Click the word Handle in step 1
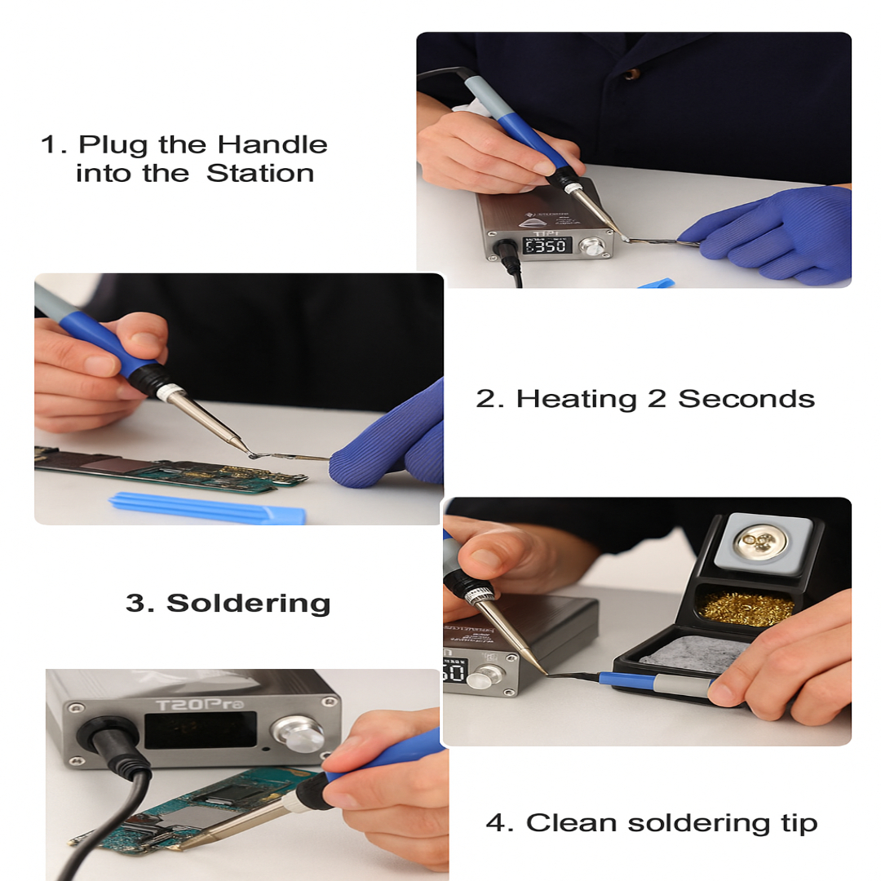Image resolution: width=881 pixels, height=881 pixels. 272,145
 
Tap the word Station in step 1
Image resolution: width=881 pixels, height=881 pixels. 260,174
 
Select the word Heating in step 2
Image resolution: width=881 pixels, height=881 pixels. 577,399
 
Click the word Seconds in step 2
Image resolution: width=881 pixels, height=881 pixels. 746,399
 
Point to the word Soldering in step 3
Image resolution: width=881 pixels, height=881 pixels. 248,604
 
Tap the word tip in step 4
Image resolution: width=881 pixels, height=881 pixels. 797,824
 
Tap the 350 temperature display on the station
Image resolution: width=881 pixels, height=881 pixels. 547,245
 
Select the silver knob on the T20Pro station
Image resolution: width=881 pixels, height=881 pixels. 299,731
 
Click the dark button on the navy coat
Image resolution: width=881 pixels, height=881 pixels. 631,74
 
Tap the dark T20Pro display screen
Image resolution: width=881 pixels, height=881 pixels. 200,730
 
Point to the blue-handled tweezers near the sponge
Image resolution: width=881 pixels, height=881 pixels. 653,680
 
